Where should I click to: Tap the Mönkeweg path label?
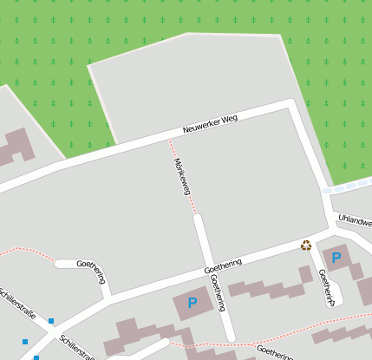click(x=181, y=176)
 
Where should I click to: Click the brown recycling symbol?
click(x=306, y=245)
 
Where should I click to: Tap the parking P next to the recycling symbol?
click(x=336, y=258)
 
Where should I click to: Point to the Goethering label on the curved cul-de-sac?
click(x=91, y=271)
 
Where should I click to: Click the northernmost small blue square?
click(x=51, y=321)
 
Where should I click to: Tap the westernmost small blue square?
click(x=24, y=342)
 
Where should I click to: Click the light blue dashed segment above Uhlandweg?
click(x=346, y=186)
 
